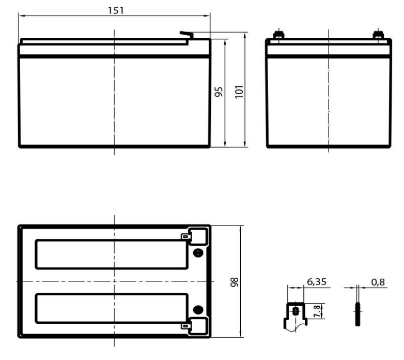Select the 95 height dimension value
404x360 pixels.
(219, 92)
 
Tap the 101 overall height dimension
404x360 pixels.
(239, 92)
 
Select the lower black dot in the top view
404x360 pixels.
(197, 310)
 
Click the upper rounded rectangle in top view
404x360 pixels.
(111, 254)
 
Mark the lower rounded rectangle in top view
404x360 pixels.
(111, 309)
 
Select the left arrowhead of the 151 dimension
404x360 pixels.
(21, 16)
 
